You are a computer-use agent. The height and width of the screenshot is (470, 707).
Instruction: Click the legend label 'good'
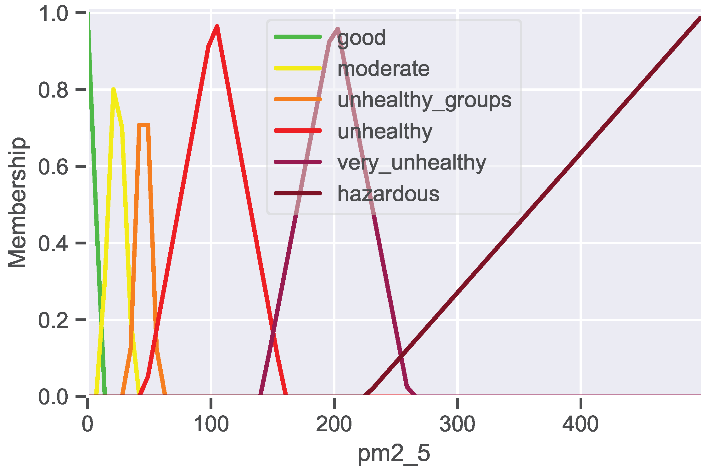click(361, 38)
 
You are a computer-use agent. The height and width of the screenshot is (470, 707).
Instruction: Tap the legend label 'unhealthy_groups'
click(424, 100)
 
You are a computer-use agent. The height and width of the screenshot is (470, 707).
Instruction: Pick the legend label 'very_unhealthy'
click(412, 163)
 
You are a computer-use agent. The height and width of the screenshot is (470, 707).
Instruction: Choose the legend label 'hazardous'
click(388, 194)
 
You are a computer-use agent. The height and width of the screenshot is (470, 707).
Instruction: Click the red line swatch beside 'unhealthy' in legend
click(298, 131)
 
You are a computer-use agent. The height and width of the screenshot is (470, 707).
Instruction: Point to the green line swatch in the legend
click(298, 37)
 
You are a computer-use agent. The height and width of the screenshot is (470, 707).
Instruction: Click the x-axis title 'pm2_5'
click(394, 453)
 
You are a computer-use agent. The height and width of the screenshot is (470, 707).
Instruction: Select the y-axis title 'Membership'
click(17, 203)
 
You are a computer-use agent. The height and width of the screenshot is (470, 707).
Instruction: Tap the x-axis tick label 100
click(211, 424)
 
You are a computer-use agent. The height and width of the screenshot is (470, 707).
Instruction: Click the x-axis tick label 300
click(457, 424)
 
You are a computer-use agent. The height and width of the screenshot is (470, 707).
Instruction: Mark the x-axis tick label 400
click(580, 424)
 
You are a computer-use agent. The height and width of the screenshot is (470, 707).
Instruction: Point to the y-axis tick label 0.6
click(53, 166)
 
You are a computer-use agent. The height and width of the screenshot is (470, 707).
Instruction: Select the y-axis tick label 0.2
click(53, 320)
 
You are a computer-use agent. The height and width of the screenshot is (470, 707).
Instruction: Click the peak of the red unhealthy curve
click(217, 26)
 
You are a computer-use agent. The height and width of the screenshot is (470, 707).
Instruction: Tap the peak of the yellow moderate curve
click(114, 89)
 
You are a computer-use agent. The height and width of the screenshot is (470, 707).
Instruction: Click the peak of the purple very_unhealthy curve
click(338, 29)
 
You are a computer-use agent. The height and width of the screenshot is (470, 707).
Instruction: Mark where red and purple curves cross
click(273, 333)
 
